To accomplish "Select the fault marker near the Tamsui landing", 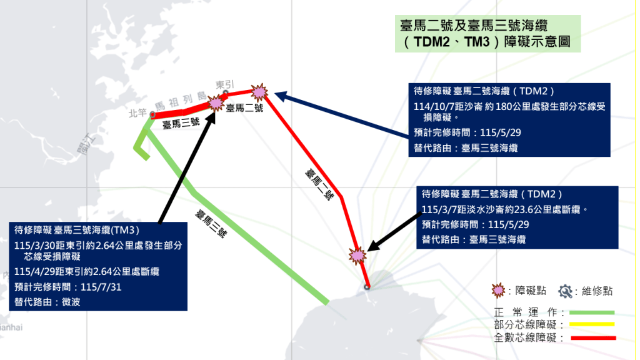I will click(x=357, y=254).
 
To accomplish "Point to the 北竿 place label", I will click(x=137, y=113).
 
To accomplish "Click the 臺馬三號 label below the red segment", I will click(x=181, y=124).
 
